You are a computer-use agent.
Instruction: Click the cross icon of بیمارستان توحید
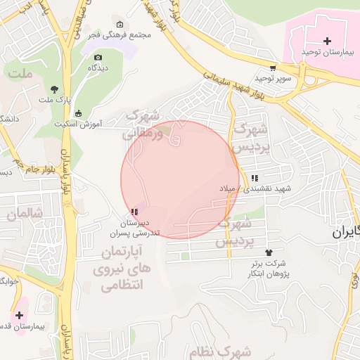[x=327, y=41]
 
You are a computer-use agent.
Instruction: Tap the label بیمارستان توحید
[x=325, y=53]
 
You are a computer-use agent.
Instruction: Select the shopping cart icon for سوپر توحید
[x=272, y=67]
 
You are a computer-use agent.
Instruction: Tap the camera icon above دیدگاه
[x=98, y=57]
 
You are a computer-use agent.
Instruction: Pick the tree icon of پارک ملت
[x=55, y=89]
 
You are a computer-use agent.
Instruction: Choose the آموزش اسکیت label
[x=78, y=124]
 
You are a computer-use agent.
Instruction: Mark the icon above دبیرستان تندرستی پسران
[x=134, y=211]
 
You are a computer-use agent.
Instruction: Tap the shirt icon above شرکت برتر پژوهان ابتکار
[x=268, y=252]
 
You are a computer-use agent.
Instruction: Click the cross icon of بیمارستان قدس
[x=19, y=316]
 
